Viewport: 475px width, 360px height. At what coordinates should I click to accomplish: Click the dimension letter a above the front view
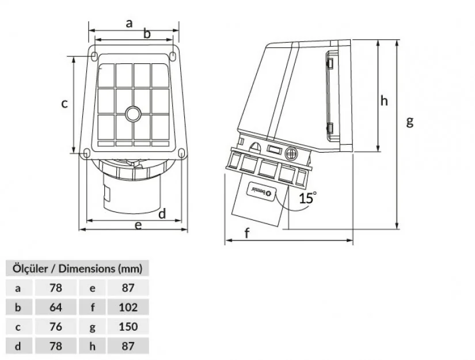coord(130,23)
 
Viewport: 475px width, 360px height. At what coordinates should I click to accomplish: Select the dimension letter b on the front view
coord(147,34)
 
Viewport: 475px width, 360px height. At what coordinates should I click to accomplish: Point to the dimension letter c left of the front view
coord(65,104)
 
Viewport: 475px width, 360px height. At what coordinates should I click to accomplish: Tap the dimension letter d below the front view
coord(162,214)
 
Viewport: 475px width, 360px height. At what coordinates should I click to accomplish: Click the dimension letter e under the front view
coord(138,225)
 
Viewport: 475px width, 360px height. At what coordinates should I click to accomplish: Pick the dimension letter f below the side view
coord(248,233)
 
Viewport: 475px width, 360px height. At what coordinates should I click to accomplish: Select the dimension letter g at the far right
coord(410,122)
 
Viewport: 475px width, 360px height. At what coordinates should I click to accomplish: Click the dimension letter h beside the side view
coord(384,101)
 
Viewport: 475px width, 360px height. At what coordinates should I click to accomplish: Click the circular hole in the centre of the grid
coord(133,113)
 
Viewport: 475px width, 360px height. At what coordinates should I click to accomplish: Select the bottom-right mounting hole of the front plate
coord(181,153)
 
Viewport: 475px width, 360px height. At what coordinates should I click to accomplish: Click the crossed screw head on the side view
coord(292,153)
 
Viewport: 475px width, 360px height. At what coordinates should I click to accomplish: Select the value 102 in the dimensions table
coord(128,306)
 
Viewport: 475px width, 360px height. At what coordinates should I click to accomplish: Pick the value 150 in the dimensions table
coord(128,326)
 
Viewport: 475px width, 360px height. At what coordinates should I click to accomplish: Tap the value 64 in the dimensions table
coord(56,306)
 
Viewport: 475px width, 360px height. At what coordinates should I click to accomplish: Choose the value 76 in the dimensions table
coord(56,326)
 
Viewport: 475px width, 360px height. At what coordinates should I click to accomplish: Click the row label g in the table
coord(92,327)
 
